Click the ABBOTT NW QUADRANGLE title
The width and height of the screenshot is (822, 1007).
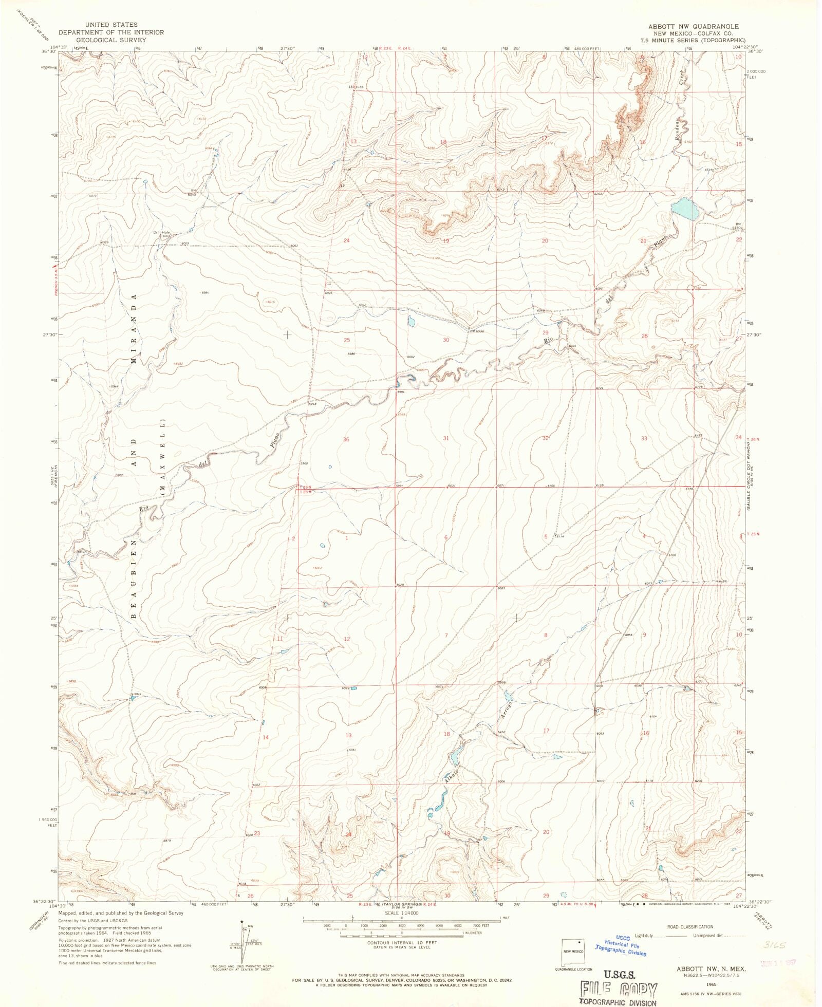[693, 26]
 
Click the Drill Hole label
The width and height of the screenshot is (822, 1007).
[161, 232]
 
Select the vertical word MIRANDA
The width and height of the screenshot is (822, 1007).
[134, 329]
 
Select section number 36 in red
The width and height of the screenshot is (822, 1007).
[346, 439]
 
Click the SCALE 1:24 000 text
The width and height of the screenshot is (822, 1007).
[402, 912]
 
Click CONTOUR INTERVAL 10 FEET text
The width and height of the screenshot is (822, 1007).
[402, 943]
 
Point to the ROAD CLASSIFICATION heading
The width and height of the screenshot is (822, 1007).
[689, 926]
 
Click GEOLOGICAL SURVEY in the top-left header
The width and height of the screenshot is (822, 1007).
[111, 40]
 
